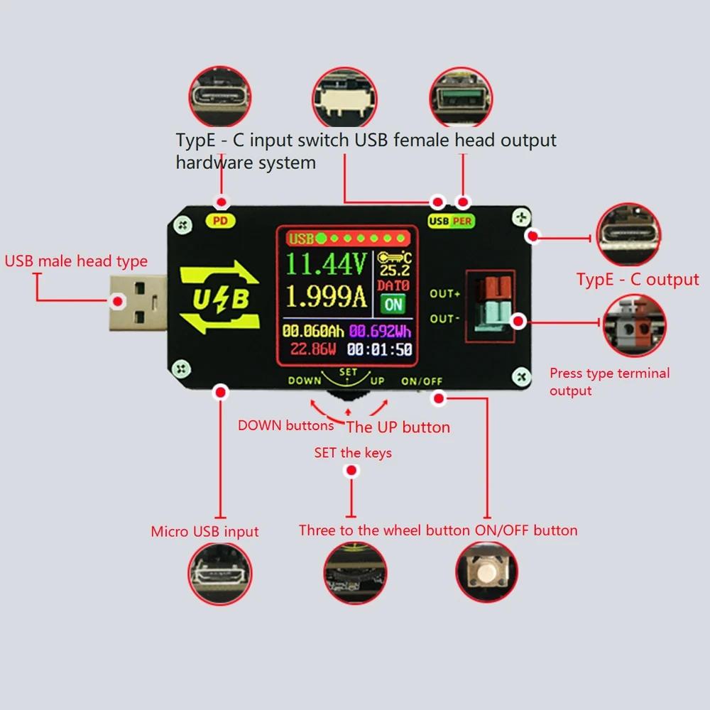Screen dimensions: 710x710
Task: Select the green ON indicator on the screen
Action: (392, 305)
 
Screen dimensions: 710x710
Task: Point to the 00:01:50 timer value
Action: (380, 349)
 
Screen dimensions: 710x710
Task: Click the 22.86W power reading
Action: (314, 349)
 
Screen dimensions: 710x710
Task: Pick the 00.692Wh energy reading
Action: (380, 331)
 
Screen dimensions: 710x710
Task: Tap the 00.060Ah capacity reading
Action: (314, 331)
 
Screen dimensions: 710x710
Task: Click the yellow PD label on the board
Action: (221, 221)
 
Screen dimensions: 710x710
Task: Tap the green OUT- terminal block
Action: (491, 315)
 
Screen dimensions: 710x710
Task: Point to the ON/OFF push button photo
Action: (486, 572)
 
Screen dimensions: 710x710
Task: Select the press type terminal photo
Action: (634, 326)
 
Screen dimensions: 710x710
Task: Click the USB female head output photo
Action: (461, 98)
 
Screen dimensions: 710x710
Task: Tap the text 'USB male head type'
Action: (76, 261)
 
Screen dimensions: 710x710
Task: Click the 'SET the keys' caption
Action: (353, 452)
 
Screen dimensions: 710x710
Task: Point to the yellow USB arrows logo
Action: (220, 299)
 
